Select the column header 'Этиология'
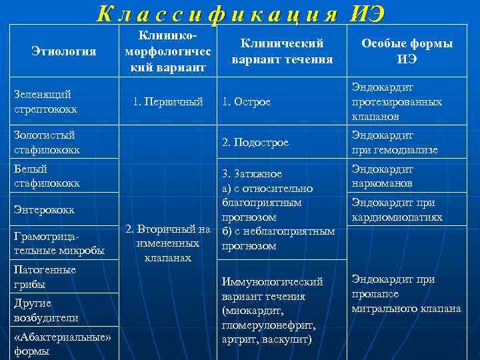click(64, 51)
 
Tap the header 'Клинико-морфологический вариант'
click(169, 51)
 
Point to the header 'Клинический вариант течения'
click(282, 51)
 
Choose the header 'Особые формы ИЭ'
click(407, 51)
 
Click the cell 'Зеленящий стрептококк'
click(45, 102)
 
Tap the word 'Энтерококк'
click(44, 210)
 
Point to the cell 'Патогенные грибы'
click(45, 277)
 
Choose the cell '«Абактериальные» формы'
click(62, 344)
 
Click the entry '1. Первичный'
click(168, 102)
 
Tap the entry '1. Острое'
click(247, 102)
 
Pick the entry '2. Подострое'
click(255, 143)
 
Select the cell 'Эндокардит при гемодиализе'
click(395, 143)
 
